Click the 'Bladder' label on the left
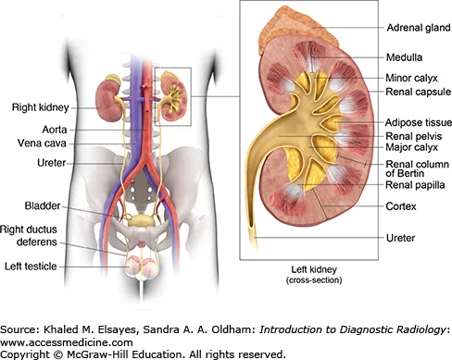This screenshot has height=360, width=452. (43, 205)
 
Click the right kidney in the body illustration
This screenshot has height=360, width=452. (109, 100)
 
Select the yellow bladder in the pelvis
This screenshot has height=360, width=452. (141, 221)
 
